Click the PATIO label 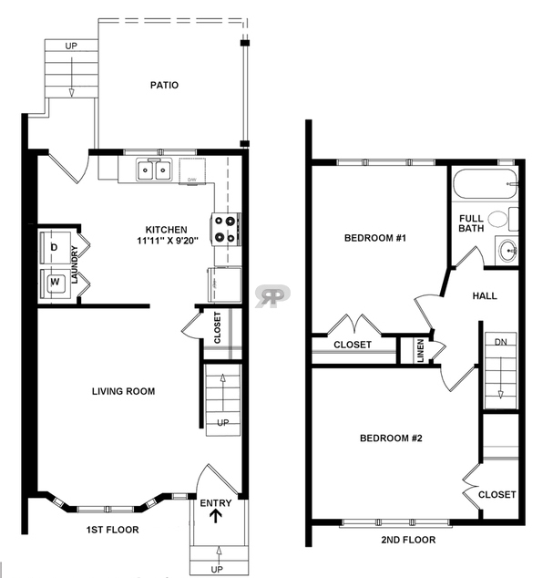[x=164, y=85]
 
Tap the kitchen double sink [x=154, y=170]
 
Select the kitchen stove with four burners [x=226, y=229]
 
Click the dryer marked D [x=55, y=247]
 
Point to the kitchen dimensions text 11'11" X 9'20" [x=168, y=241]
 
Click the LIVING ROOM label [x=123, y=391]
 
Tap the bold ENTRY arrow [x=216, y=517]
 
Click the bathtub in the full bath [x=485, y=184]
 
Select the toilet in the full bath [x=503, y=219]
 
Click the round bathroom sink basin [x=507, y=251]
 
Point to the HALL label [x=485, y=295]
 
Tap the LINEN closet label [x=421, y=351]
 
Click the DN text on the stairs [x=501, y=342]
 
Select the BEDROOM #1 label [x=375, y=238]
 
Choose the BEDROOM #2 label [x=391, y=438]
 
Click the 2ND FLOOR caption [x=408, y=540]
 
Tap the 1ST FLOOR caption [x=113, y=530]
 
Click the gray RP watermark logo [x=272, y=295]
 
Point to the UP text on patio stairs [x=71, y=46]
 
